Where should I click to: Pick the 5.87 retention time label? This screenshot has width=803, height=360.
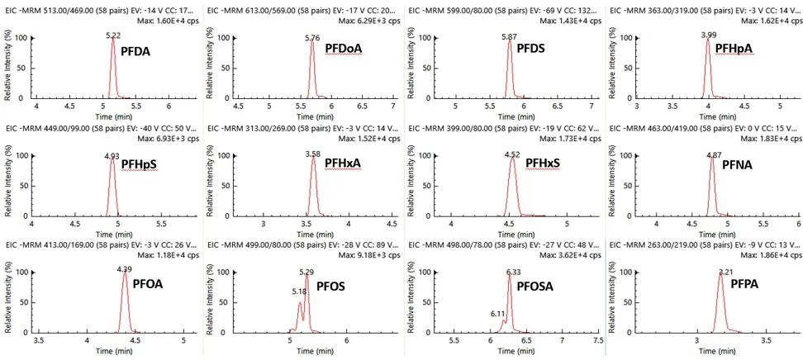512,37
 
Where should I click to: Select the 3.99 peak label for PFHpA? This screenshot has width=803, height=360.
709,36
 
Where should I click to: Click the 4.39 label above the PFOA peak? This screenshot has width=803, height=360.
124,269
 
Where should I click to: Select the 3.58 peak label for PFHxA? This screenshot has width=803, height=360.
312,154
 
